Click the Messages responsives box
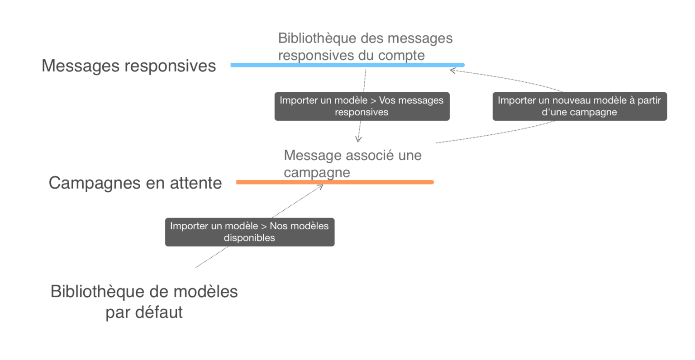click(129, 66)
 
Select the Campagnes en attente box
click(135, 183)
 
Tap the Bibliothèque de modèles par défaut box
click(144, 301)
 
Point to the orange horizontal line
click(335, 182)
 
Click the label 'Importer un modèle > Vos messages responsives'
click(362, 106)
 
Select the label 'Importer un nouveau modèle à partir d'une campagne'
click(579, 106)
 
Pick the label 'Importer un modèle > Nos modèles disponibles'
click(249, 232)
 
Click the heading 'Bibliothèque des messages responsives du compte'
click(365, 47)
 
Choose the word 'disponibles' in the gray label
click(249, 238)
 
